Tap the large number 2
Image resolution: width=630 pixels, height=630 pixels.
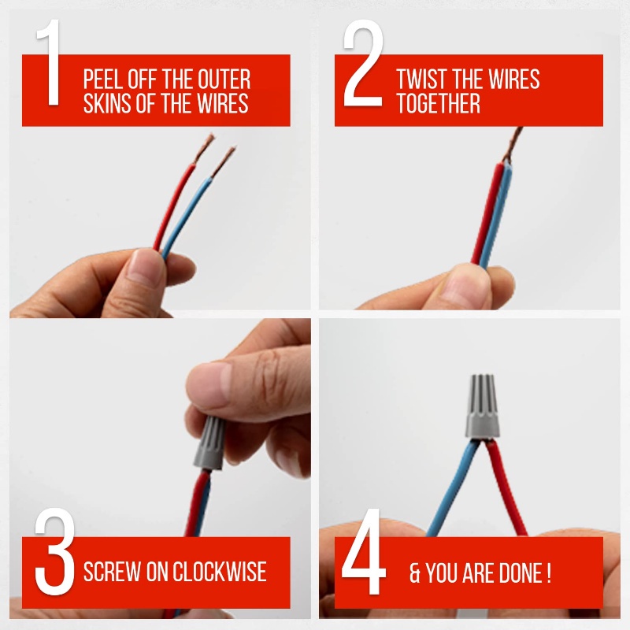(x=363, y=63)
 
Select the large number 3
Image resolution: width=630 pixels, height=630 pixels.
(x=54, y=551)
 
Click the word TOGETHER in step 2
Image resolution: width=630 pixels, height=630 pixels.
(x=438, y=103)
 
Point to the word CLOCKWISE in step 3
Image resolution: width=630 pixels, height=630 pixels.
(x=220, y=572)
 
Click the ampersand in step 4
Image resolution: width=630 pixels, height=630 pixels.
(x=415, y=573)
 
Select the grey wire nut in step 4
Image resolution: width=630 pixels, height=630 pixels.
(x=482, y=406)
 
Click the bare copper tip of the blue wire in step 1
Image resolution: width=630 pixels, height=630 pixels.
(x=224, y=161)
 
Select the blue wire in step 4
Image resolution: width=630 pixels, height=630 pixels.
(x=452, y=488)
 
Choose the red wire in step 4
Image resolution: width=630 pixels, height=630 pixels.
(x=507, y=488)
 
